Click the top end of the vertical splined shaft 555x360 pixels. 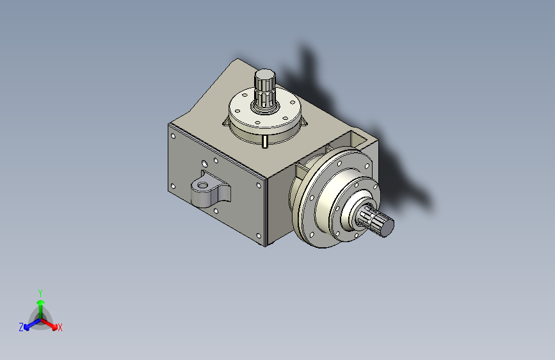click(265, 75)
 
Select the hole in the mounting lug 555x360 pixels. click(202, 185)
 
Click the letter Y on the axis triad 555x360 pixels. click(40, 293)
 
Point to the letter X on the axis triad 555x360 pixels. click(60, 328)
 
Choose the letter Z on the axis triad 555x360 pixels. click(21, 327)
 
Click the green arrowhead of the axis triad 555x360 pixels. click(41, 302)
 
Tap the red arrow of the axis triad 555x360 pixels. click(49, 324)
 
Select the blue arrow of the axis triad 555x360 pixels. click(33, 324)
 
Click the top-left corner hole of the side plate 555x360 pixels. click(173, 136)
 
